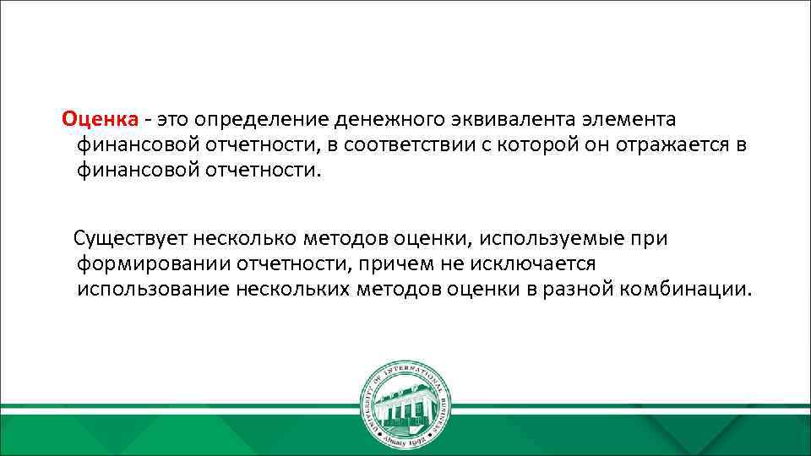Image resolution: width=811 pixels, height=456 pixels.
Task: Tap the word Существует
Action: [133, 238]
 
